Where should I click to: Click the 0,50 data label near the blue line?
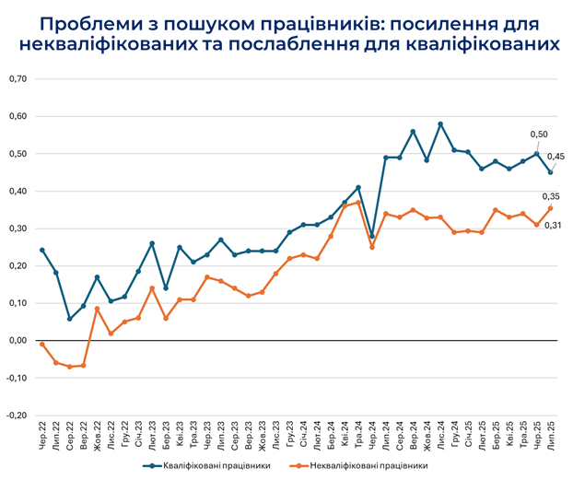[x=540, y=135]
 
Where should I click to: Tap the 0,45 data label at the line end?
[x=557, y=156]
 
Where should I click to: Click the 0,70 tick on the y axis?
[x=17, y=79]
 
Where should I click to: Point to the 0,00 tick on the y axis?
[x=17, y=340]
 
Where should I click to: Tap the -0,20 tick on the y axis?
[x=16, y=415]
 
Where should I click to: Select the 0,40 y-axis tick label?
[x=17, y=191]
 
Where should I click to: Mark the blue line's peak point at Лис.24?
[x=440, y=123]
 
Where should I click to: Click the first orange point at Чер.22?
[x=41, y=344]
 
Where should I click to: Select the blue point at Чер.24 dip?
[x=372, y=236]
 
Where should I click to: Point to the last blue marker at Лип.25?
[x=551, y=172]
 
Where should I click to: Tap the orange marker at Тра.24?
[x=358, y=202]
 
